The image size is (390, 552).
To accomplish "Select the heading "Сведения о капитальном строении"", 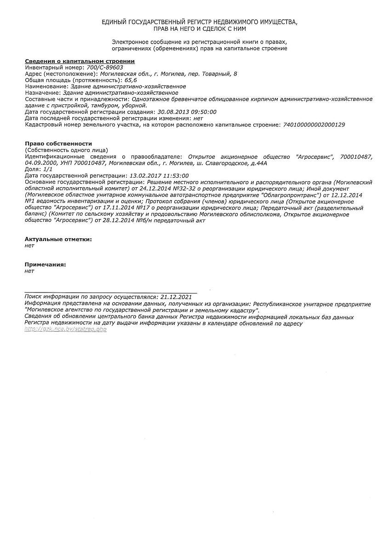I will (80, 61).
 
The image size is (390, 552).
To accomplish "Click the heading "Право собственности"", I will (58, 144).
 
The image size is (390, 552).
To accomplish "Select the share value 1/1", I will (48, 169).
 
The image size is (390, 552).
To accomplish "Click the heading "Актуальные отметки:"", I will (58, 239).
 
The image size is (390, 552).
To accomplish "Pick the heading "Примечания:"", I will (45, 264).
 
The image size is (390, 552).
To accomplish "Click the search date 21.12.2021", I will (175, 297).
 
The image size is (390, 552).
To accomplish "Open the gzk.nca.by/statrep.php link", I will (66, 330).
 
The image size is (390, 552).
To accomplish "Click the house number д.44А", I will (258, 163).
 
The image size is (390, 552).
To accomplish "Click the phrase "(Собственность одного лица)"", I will (66, 150).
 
